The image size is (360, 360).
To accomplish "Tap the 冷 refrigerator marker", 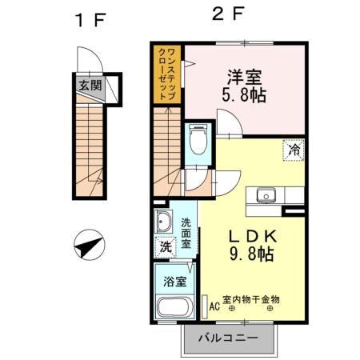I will [x=293, y=149].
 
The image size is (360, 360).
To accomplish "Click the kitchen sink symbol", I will [x=266, y=194].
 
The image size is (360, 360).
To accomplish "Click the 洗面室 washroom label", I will [x=186, y=233].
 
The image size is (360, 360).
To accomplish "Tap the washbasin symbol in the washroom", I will [x=165, y=223].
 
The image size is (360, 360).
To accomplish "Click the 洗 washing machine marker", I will [x=166, y=249].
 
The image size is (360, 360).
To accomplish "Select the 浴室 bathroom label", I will [x=175, y=282].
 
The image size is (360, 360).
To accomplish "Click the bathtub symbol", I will [x=174, y=308].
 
